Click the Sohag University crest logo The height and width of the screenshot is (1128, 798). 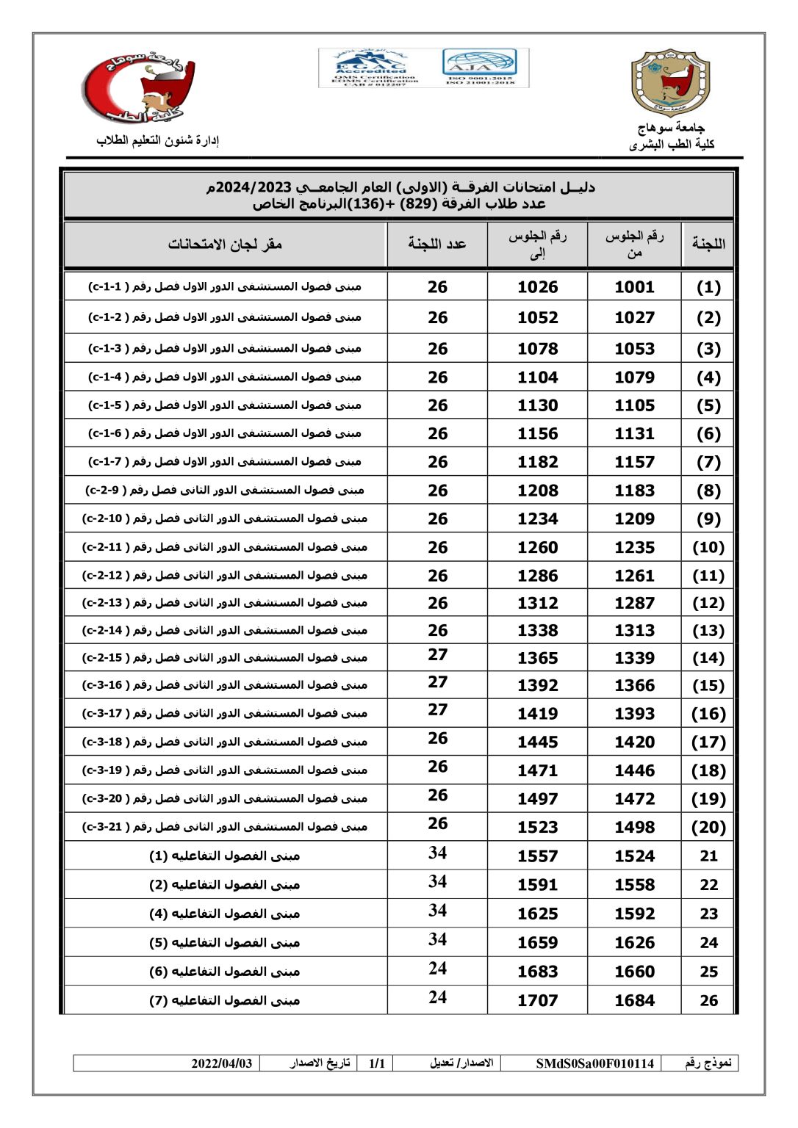pos(671,82)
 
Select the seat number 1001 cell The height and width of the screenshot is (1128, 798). pos(634,287)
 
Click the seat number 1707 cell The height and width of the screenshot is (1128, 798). pos(537,1000)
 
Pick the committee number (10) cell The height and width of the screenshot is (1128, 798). pos(708,547)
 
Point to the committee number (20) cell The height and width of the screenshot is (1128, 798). pos(708,827)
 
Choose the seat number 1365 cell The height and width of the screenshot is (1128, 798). pos(537,658)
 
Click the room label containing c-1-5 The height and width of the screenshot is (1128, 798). pos(225,405)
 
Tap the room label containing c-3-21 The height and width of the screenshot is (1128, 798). pos(225,827)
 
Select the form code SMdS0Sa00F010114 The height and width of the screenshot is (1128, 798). pos(594,1063)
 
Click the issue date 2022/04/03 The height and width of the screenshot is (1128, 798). pos(222,1063)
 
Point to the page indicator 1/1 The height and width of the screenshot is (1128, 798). pos(377,1063)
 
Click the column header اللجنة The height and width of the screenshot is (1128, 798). pos(708,244)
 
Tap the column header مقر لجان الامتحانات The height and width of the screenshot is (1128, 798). pos(225,244)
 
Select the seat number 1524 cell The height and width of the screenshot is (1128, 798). pos(634,856)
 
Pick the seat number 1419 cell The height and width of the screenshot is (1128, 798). pos(537,713)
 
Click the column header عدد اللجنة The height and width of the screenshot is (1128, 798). pos(437,244)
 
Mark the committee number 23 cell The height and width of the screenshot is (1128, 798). pos(708,914)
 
